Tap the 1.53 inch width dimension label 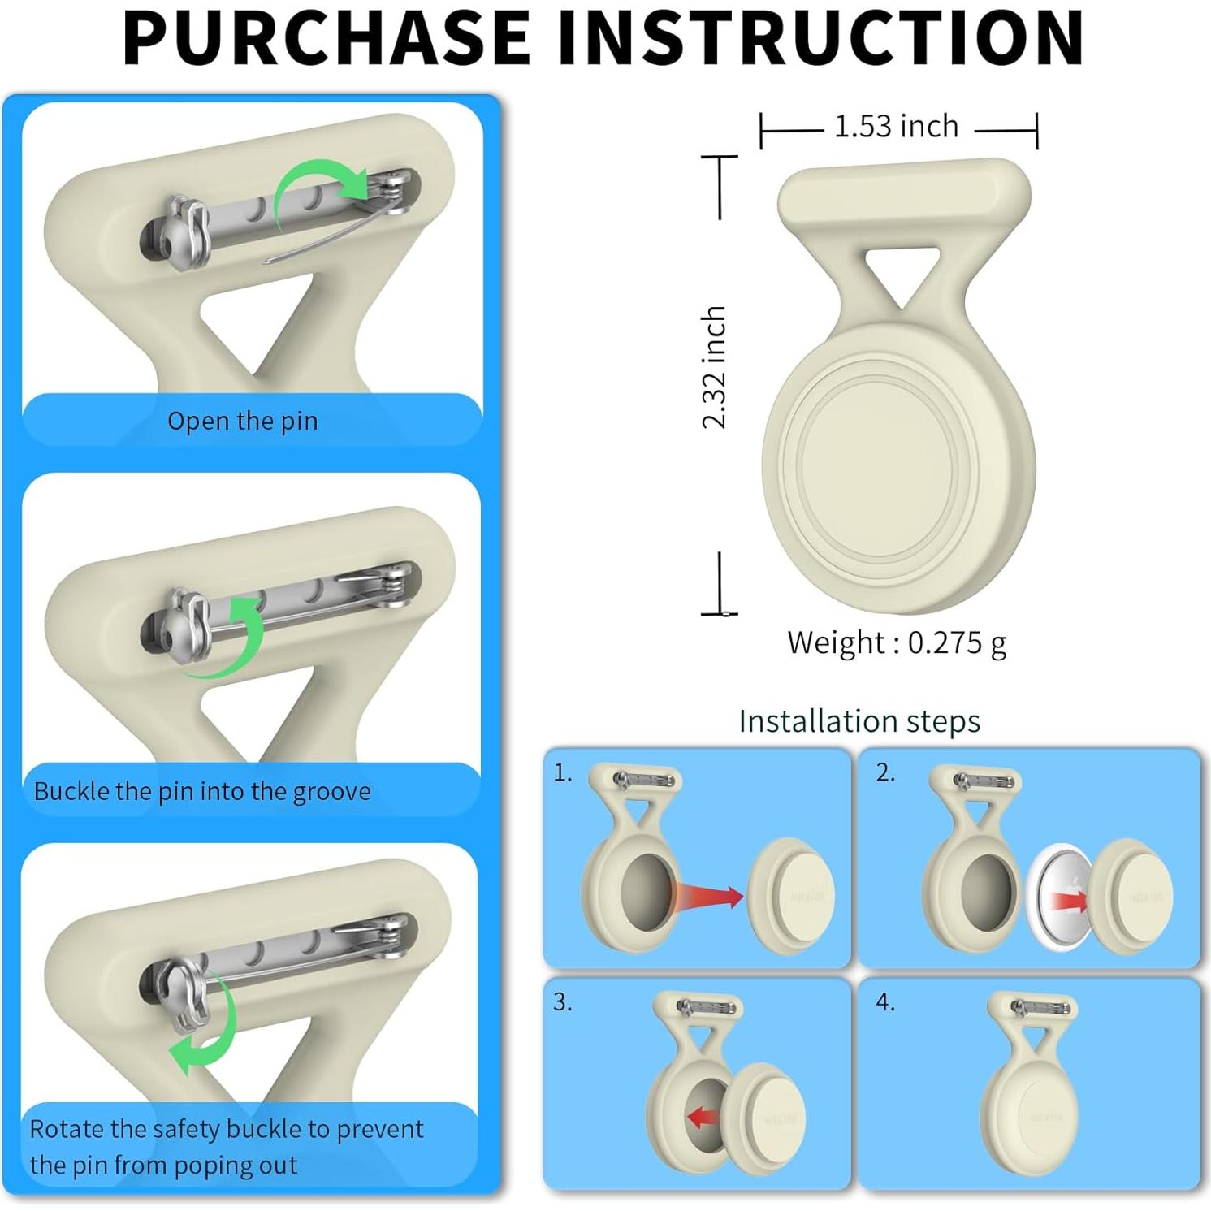pyautogui.click(x=897, y=127)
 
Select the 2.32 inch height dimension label pyautogui.click(x=714, y=367)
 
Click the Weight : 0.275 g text pyautogui.click(x=897, y=642)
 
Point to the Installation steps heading pyautogui.click(x=859, y=720)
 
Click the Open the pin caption pyautogui.click(x=242, y=421)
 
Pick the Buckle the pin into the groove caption pyautogui.click(x=202, y=791)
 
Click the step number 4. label pyautogui.click(x=885, y=1003)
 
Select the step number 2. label pyautogui.click(x=885, y=773)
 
